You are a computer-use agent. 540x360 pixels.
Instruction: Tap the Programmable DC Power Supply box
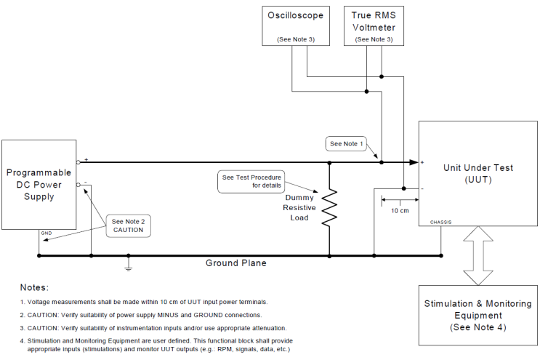(x=39, y=185)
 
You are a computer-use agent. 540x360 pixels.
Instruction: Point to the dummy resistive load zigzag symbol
(x=330, y=207)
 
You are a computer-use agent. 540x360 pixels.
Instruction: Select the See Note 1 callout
(x=347, y=144)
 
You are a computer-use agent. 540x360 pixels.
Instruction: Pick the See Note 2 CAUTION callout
(x=128, y=225)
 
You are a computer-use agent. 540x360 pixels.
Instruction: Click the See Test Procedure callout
(x=251, y=181)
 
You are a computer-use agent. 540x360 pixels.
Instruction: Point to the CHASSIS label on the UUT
(x=441, y=222)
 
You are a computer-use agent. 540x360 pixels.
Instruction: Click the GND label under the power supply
(x=46, y=233)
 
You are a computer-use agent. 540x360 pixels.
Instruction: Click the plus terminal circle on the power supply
(x=78, y=162)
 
